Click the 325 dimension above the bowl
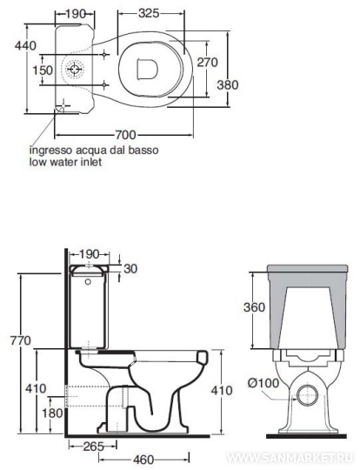(x=149, y=13)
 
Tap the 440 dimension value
(x=26, y=45)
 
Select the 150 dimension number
(x=43, y=70)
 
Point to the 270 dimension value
(x=207, y=63)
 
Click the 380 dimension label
(x=228, y=84)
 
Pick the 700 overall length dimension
(x=126, y=135)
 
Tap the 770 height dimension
(x=21, y=340)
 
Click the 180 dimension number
(x=52, y=413)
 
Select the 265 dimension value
(x=93, y=446)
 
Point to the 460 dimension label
(x=144, y=460)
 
